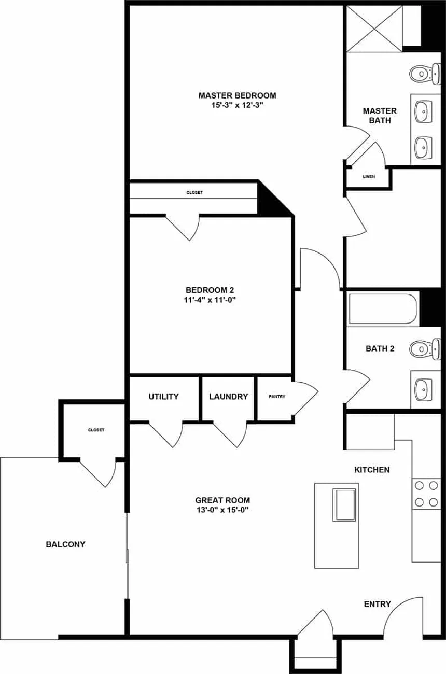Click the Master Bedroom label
coord(237,95)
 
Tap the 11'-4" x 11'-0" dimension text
coord(213,300)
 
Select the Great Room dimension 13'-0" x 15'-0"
coord(222,510)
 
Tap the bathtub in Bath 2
coord(383,309)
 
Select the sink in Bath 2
coord(424,387)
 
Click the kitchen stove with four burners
coord(426,494)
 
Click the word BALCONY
coord(65,544)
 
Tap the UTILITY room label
coord(163,397)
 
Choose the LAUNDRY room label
coord(228,397)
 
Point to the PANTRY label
coord(276,397)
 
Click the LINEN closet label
coord(369,177)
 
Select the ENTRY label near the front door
coord(377,604)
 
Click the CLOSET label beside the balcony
coord(96,430)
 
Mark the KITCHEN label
coord(371,470)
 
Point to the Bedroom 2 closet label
coord(194,193)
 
